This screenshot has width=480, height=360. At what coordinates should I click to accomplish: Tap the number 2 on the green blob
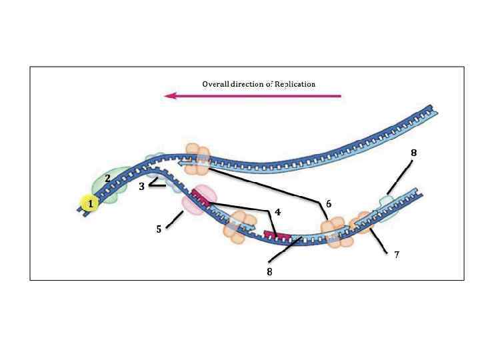click(107, 178)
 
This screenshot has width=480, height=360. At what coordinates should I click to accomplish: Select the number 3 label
click(141, 187)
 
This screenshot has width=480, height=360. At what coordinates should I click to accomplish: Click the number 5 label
click(159, 229)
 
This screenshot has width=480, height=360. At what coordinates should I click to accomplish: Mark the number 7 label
click(397, 255)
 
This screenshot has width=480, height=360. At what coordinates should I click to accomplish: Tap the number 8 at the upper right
click(413, 153)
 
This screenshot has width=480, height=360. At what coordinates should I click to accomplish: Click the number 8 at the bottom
click(270, 272)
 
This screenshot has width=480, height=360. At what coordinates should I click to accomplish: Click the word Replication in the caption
click(293, 84)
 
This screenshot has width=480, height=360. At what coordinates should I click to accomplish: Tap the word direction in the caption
click(251, 84)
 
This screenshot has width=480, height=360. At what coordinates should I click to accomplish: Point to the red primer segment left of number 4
click(277, 235)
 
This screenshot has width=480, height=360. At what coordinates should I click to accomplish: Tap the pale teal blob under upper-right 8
click(387, 203)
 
